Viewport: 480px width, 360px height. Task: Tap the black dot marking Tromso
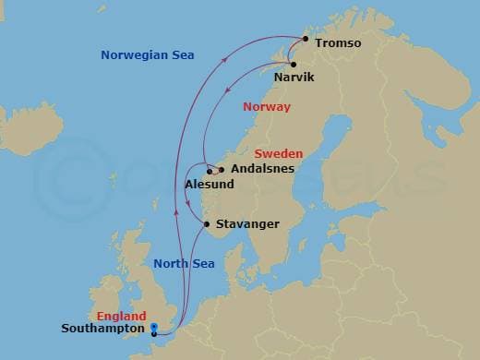click(x=305, y=39)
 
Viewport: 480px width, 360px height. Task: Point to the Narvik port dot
click(x=293, y=64)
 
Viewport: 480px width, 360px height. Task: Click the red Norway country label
click(x=266, y=107)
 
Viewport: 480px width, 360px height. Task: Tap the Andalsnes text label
click(x=262, y=169)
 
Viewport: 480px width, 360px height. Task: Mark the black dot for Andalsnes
click(x=222, y=170)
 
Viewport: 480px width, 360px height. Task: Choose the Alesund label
click(x=210, y=185)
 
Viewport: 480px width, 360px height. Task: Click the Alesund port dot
click(x=210, y=172)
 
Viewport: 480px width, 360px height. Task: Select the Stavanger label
click(x=247, y=224)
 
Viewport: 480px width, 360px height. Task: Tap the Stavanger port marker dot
click(x=207, y=224)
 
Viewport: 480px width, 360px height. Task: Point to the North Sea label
click(x=183, y=265)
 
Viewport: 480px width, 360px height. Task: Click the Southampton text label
click(x=102, y=328)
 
